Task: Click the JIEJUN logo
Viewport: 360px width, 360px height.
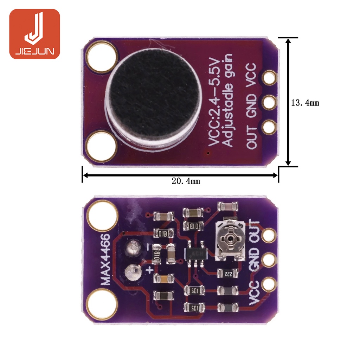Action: (34, 34)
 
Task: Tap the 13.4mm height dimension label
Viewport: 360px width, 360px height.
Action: (305, 103)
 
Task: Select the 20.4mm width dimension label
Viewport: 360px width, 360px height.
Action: (186, 181)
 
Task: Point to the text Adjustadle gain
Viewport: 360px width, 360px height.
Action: (229, 101)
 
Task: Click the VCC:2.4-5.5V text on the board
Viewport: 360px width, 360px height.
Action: (214, 102)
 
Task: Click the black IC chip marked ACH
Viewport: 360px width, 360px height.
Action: (195, 253)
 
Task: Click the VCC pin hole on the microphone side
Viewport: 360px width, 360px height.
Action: (270, 77)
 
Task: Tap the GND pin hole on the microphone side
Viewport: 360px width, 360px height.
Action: (270, 102)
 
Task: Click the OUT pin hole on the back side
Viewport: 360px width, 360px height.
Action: (270, 235)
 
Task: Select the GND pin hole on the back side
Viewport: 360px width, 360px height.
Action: (270, 259)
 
